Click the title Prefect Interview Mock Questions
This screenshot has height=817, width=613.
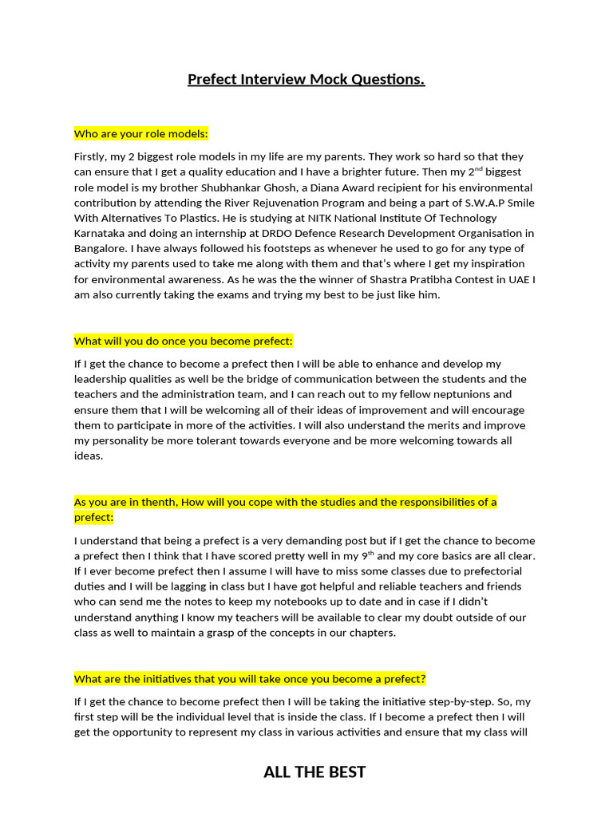point(306,80)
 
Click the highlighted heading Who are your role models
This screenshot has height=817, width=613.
point(140,133)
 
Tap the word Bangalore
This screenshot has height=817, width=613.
point(98,249)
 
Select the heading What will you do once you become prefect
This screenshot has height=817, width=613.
point(184,341)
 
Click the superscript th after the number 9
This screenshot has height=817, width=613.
point(370,553)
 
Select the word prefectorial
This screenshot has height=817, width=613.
point(488,571)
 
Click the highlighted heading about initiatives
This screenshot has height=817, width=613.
point(250,679)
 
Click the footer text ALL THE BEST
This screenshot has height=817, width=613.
point(314,772)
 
